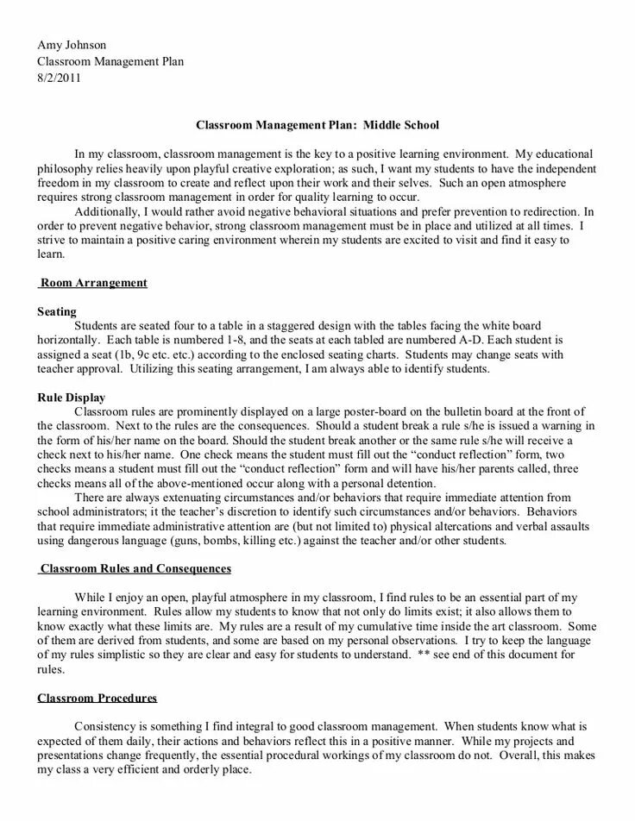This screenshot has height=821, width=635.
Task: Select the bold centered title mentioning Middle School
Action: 317,125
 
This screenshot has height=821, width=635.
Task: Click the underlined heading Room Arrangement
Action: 94,283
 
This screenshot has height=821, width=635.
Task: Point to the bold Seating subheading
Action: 57,311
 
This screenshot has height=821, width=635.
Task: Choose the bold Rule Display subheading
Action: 72,398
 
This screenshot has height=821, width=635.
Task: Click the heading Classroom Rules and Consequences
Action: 136,569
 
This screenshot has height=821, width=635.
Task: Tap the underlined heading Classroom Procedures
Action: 97,698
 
